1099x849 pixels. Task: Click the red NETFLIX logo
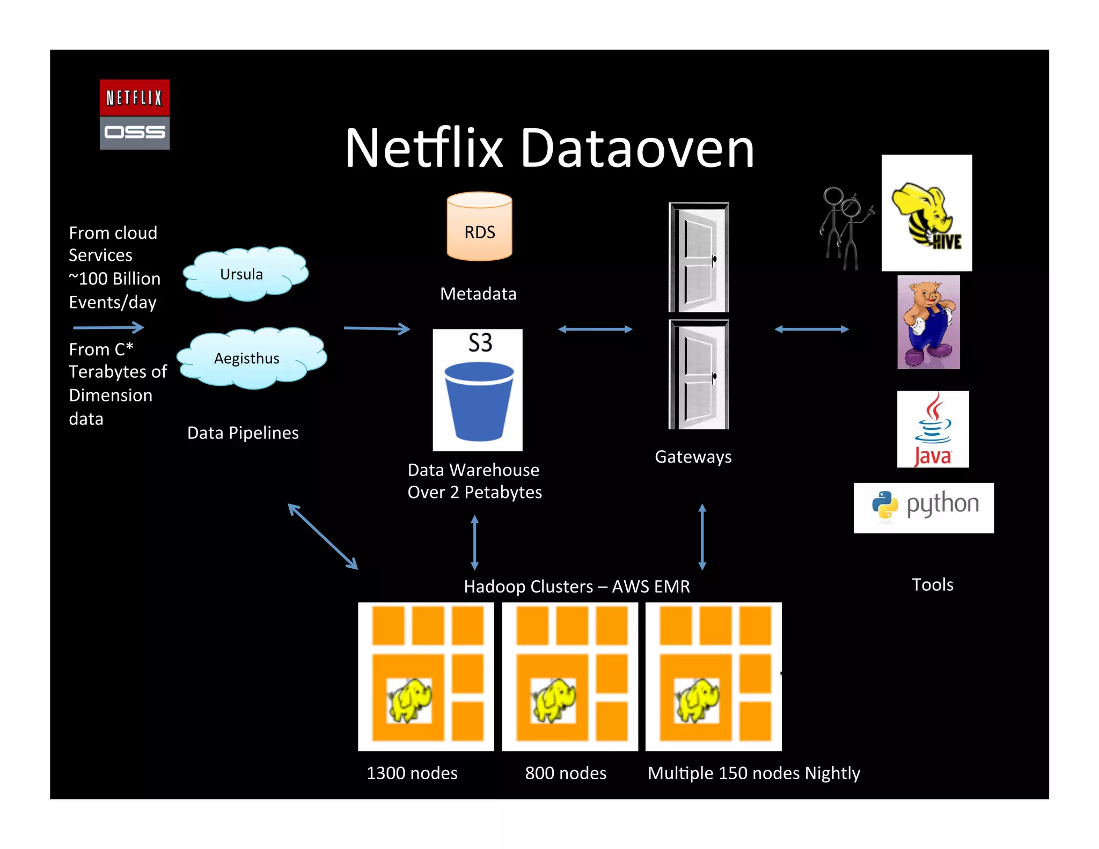tap(134, 97)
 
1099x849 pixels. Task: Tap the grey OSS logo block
tap(134, 133)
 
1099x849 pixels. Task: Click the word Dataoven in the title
tap(637, 149)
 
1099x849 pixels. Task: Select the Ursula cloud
tap(244, 274)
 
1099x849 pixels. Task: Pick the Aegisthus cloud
tap(250, 358)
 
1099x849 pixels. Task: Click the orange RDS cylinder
tap(479, 227)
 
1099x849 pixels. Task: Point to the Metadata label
tap(478, 294)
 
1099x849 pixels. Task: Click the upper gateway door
tap(698, 257)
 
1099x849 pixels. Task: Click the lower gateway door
tap(698, 375)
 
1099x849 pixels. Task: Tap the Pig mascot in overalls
tap(928, 322)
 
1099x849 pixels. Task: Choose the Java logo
tap(933, 429)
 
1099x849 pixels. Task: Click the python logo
tap(923, 507)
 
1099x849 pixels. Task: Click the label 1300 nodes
tap(412, 773)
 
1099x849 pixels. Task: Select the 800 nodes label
tap(566, 773)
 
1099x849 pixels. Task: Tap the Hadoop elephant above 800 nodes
tap(553, 700)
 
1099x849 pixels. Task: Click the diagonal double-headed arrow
tap(323, 536)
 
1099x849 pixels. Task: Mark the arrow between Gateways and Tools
tap(811, 329)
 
